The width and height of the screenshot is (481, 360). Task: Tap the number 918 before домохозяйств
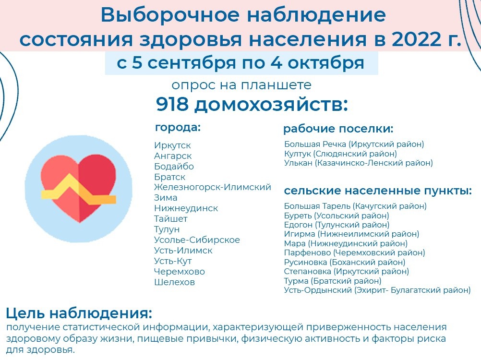pyautogui.click(x=172, y=104)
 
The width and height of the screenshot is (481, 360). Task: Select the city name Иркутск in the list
pyautogui.click(x=172, y=145)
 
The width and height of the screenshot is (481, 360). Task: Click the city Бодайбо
pyautogui.click(x=174, y=166)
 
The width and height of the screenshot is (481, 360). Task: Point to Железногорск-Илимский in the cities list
pyautogui.click(x=213, y=187)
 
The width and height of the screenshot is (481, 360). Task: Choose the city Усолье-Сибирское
pyautogui.click(x=197, y=240)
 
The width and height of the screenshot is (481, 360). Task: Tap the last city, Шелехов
pyautogui.click(x=175, y=282)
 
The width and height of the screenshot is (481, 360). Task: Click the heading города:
pyautogui.click(x=178, y=128)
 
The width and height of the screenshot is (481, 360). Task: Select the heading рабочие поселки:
pyautogui.click(x=338, y=129)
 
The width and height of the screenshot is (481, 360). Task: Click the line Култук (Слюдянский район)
pyautogui.click(x=340, y=154)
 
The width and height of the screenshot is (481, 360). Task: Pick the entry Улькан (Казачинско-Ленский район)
pyautogui.click(x=358, y=163)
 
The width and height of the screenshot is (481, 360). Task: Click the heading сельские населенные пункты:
pyautogui.click(x=378, y=191)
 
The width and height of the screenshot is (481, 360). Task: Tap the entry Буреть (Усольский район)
pyautogui.click(x=337, y=216)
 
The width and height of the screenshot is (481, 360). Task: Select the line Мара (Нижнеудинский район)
pyautogui.click(x=346, y=243)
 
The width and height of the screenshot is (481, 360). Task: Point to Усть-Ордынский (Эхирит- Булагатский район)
pyautogui.click(x=377, y=290)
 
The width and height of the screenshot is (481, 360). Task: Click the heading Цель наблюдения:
pyautogui.click(x=79, y=313)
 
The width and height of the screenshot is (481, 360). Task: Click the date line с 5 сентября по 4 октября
pyautogui.click(x=241, y=63)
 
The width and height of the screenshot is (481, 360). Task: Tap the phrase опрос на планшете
pyautogui.click(x=241, y=85)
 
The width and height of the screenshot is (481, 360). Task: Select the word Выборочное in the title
pyautogui.click(x=170, y=15)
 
